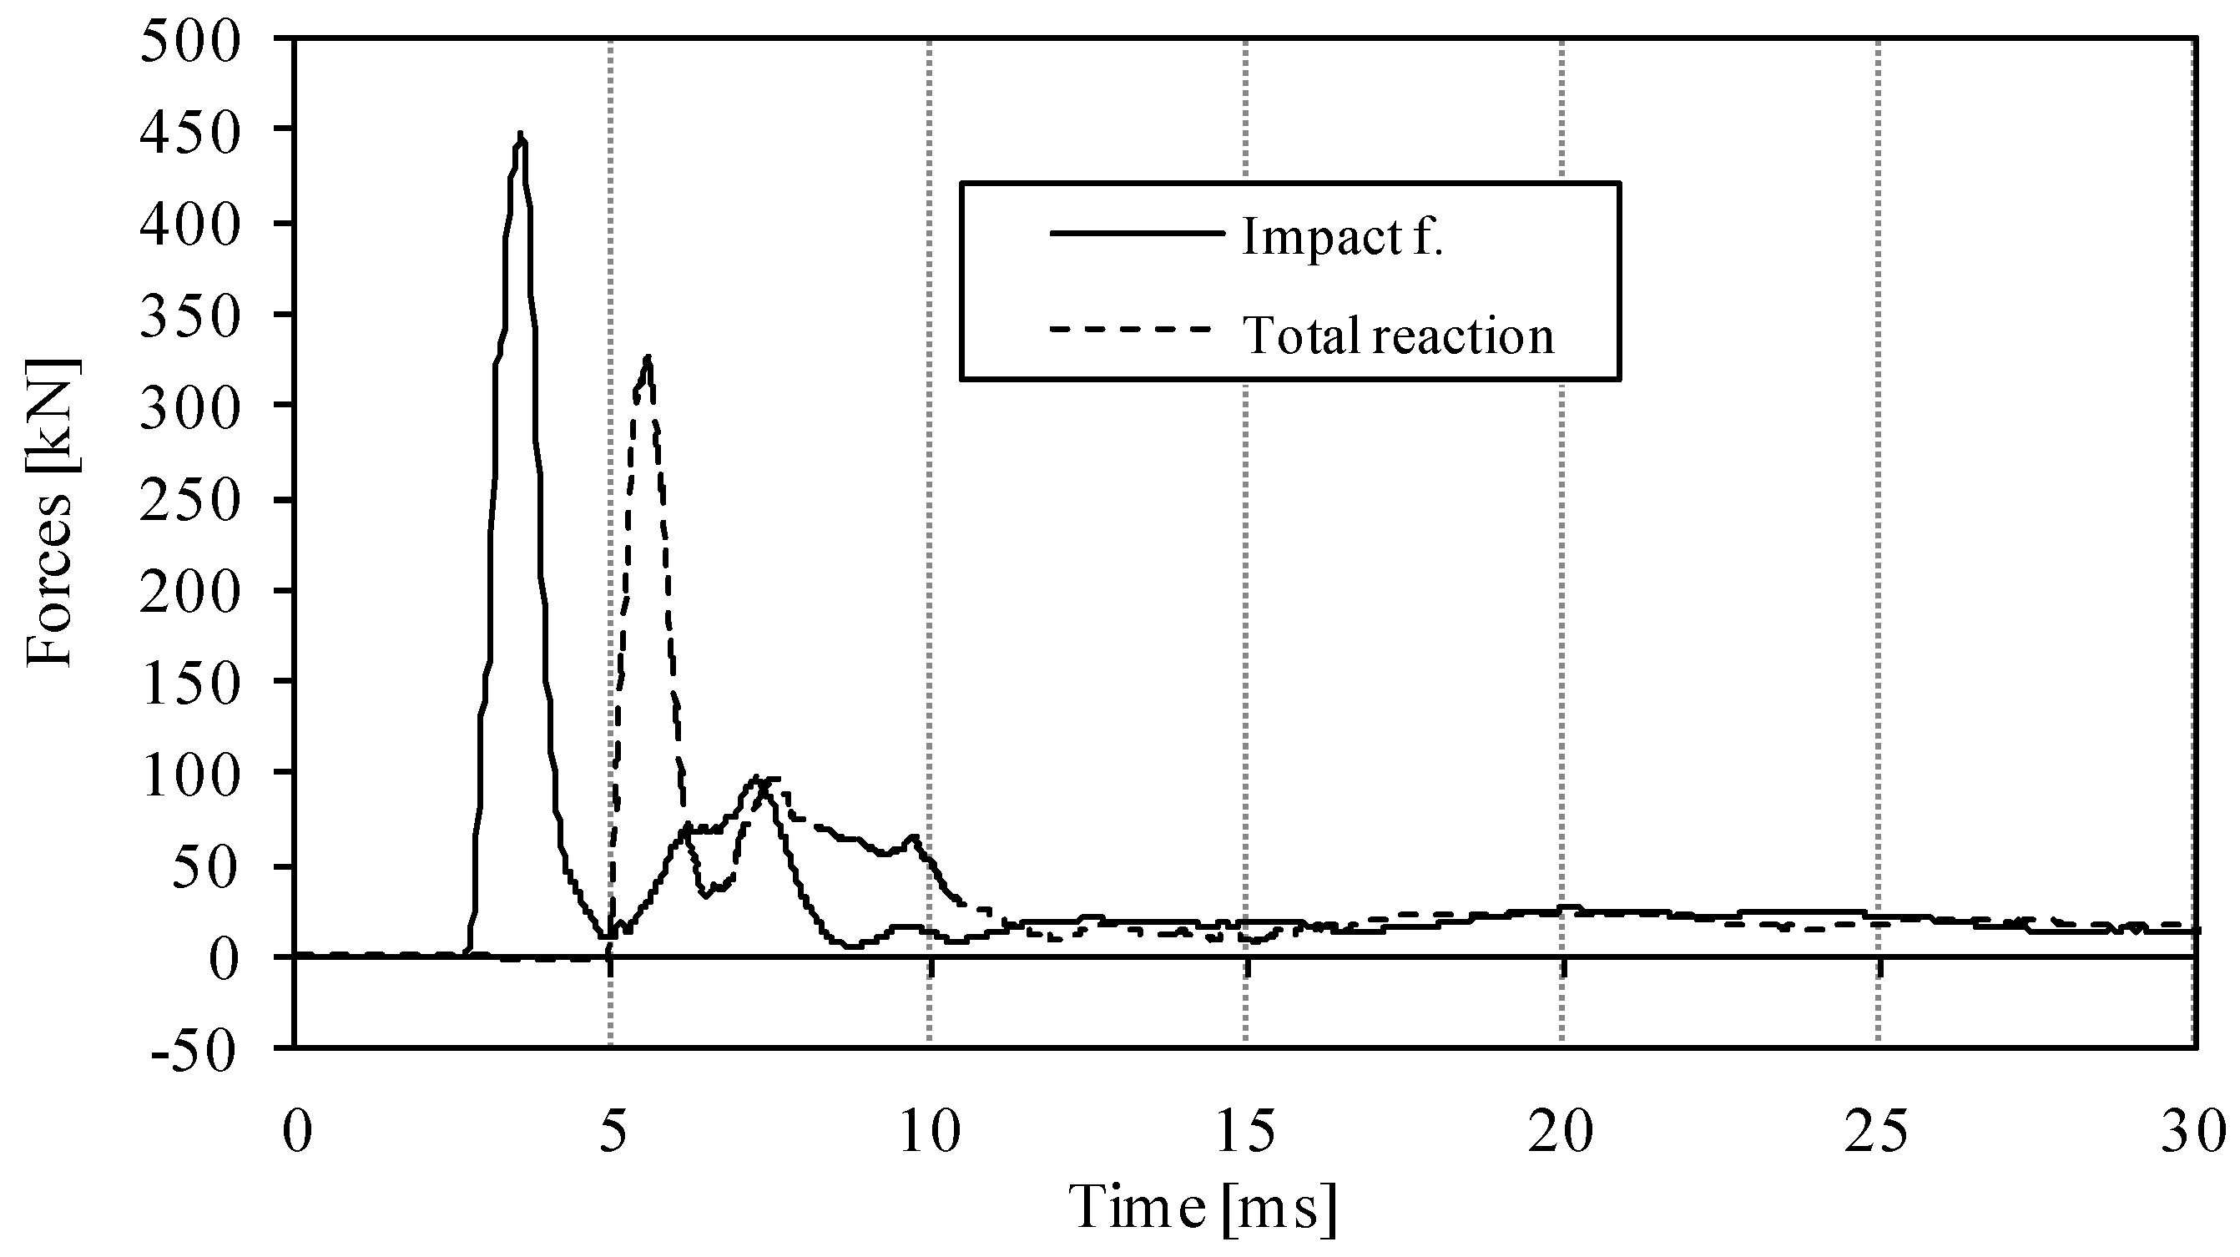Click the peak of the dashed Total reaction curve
click(x=647, y=356)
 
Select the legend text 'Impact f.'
click(x=1343, y=235)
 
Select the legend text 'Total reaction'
click(x=1398, y=335)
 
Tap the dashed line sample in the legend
click(x=1131, y=330)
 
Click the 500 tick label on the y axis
click(x=189, y=42)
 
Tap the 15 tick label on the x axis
click(x=1245, y=1133)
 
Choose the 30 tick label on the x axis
click(x=2194, y=1133)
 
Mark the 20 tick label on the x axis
click(x=1561, y=1133)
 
